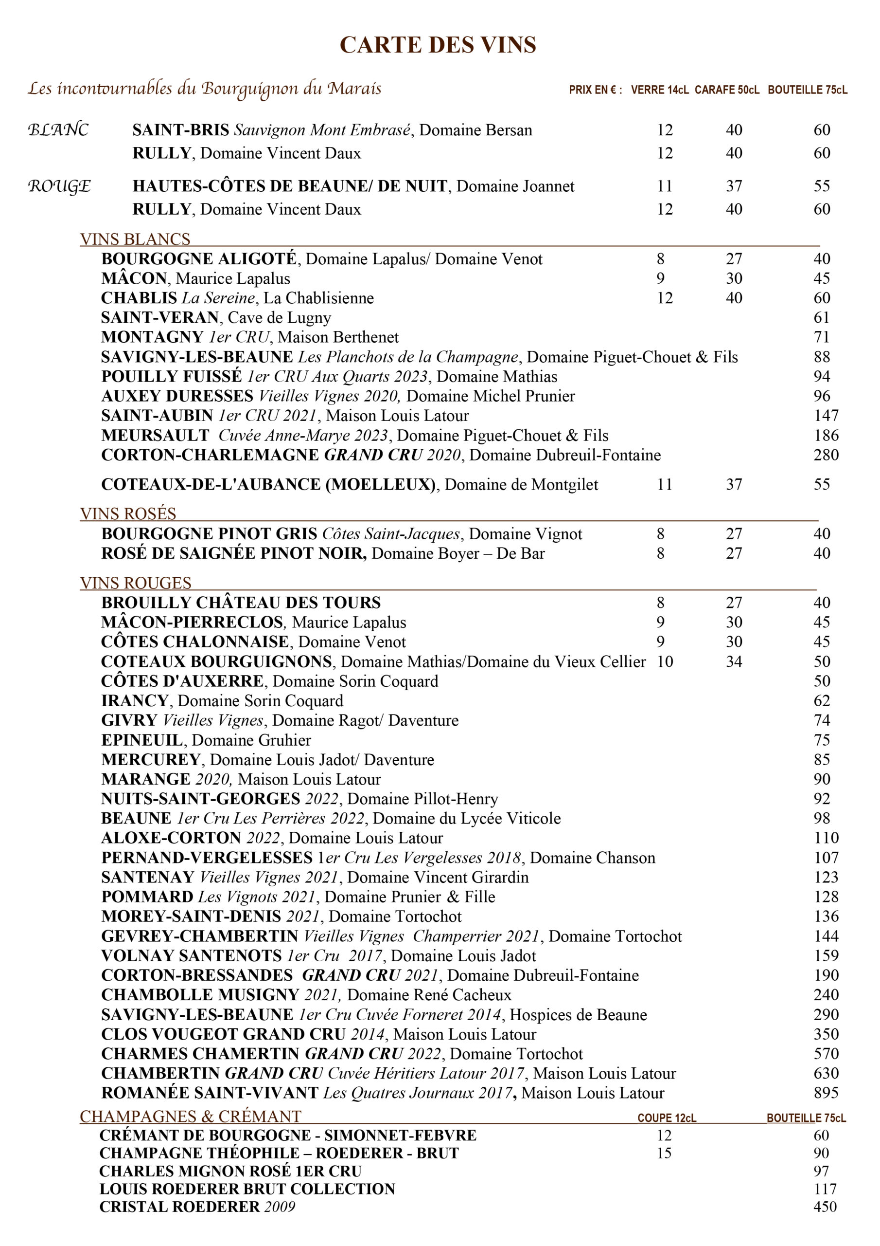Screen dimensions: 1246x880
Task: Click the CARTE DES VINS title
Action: [x=438, y=45]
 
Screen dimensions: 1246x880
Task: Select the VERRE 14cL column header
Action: [x=659, y=90]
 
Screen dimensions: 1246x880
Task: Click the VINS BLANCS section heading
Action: [x=135, y=239]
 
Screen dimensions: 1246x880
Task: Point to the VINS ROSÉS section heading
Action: [x=128, y=513]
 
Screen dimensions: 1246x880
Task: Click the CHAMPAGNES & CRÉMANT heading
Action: [x=190, y=1117]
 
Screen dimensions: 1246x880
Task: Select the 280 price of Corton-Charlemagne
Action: [x=826, y=455]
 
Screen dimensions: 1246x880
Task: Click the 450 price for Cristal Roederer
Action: [x=825, y=1207]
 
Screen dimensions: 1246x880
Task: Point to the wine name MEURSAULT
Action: [x=155, y=435]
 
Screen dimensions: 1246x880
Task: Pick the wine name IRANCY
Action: [x=135, y=700]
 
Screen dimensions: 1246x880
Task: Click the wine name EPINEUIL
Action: [x=142, y=740]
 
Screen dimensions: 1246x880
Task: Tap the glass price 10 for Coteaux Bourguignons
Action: [x=665, y=661]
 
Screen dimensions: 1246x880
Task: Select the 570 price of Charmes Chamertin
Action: [x=826, y=1053]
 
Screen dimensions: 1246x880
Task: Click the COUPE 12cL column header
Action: [x=667, y=1118]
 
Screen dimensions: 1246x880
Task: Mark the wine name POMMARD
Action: [x=147, y=897]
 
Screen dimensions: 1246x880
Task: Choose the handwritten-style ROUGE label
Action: [x=59, y=186]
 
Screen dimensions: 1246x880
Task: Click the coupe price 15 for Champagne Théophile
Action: [x=664, y=1153]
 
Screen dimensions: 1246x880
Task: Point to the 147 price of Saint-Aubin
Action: [x=826, y=416]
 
